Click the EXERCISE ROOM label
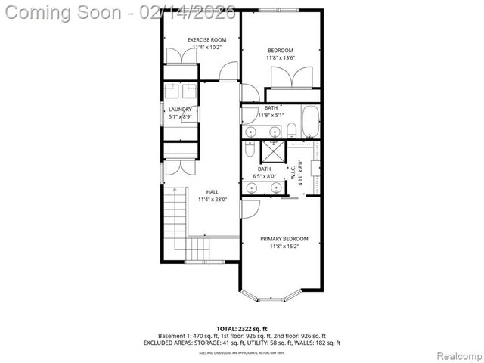pos(207,39)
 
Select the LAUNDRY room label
pos(180,110)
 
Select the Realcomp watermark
pos(456,354)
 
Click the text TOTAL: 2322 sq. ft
pos(242,328)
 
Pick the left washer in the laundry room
pos(172,92)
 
